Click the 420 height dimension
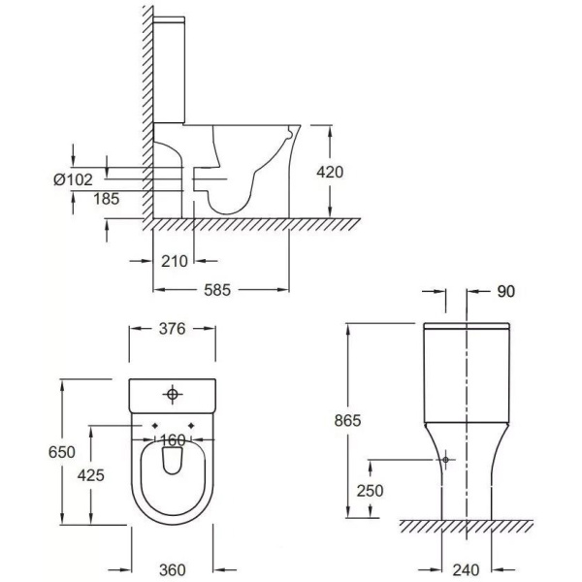[330, 173]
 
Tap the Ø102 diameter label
[73, 179]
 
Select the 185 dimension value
[106, 199]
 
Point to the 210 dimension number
[175, 261]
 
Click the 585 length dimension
[217, 290]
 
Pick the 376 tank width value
[172, 329]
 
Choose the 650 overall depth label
[62, 452]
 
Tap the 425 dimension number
[91, 475]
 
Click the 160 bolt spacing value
[173, 440]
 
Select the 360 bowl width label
[173, 569]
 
